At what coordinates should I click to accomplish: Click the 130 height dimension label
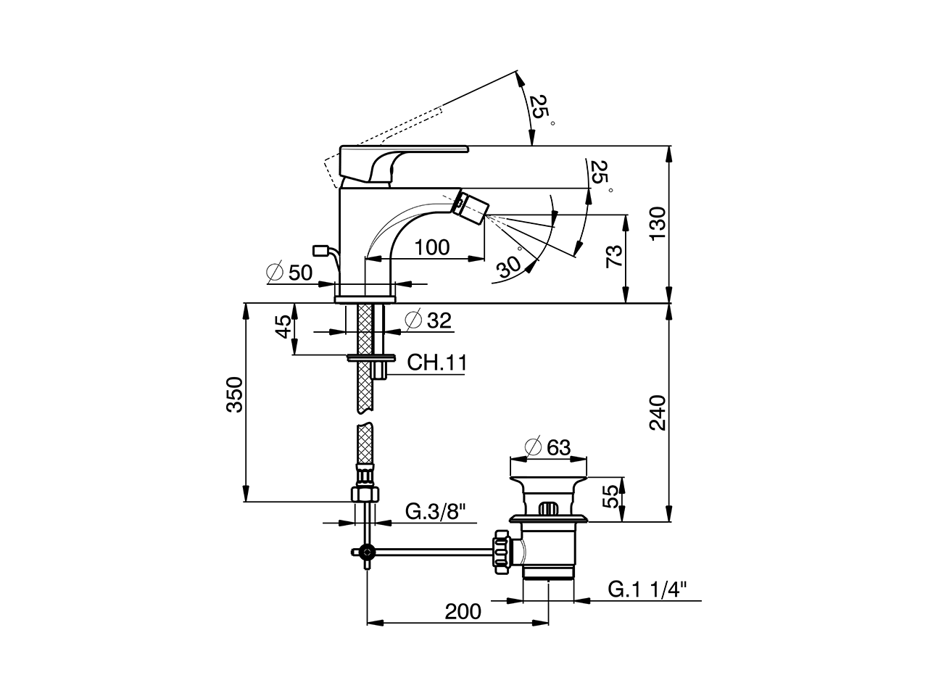click(x=656, y=224)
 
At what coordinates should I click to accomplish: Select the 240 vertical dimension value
click(x=656, y=413)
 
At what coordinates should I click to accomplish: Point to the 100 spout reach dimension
click(x=433, y=247)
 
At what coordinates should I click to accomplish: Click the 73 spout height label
click(x=613, y=257)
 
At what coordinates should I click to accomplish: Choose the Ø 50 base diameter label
click(x=289, y=273)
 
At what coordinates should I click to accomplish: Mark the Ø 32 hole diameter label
click(x=428, y=320)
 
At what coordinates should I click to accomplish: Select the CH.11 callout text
click(x=436, y=362)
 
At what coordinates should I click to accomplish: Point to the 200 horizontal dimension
click(x=463, y=611)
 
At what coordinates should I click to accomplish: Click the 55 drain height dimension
click(x=611, y=498)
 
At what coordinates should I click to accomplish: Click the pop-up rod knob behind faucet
click(x=319, y=251)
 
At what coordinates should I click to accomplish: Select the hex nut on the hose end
click(x=365, y=494)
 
